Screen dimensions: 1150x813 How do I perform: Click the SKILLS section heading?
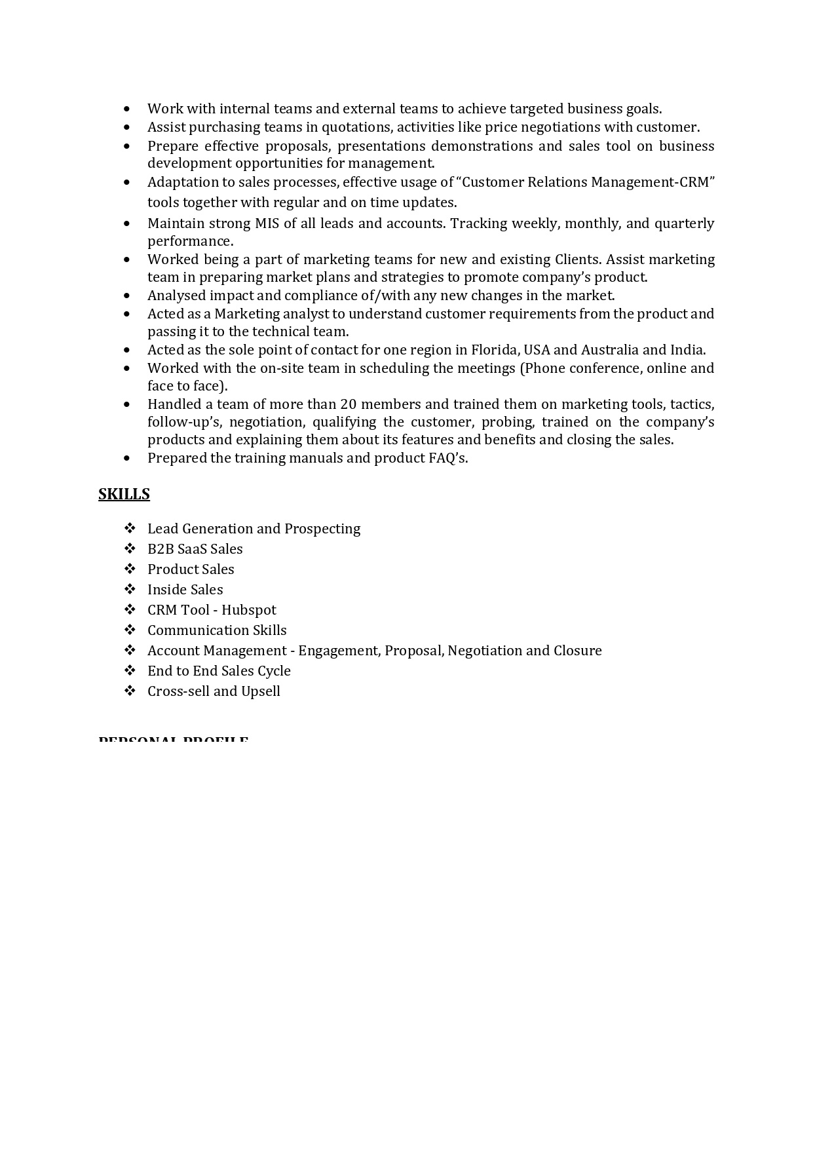click(x=124, y=494)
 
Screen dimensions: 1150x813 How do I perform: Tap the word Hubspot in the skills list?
click(x=249, y=610)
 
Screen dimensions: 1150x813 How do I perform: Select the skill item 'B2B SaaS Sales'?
click(x=195, y=549)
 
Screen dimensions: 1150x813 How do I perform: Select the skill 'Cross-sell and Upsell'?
click(x=214, y=691)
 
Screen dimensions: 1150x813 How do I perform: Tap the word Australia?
click(x=609, y=350)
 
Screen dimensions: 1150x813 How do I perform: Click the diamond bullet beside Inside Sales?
click(x=130, y=589)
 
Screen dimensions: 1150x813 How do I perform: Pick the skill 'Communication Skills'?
click(x=217, y=630)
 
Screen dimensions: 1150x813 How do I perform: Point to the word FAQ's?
click(x=448, y=458)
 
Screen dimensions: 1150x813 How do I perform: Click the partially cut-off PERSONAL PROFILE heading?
click(x=173, y=740)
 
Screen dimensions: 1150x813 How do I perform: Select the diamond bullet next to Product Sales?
click(x=130, y=569)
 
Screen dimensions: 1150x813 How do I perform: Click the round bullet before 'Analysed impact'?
click(x=127, y=296)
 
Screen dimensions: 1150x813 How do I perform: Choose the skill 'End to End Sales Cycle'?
click(x=219, y=671)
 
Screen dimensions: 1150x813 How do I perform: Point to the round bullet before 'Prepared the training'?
click(x=127, y=459)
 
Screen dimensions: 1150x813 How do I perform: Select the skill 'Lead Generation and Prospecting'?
click(x=254, y=529)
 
